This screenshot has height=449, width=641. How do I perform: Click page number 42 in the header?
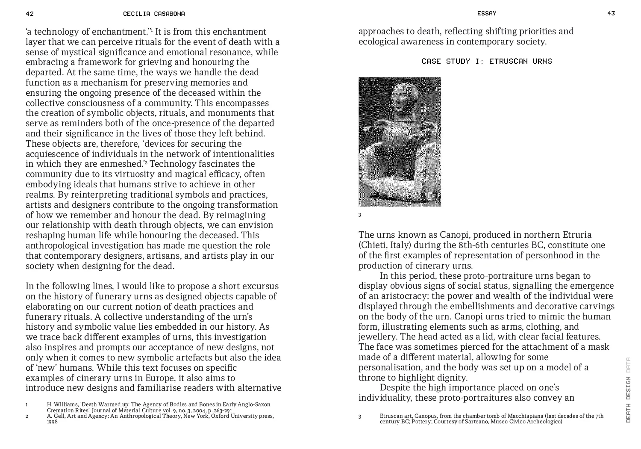[29, 14]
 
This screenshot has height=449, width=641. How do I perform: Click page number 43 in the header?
[611, 13]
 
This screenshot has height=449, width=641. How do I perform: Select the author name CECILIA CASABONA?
[154, 14]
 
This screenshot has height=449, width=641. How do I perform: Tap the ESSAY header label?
[487, 13]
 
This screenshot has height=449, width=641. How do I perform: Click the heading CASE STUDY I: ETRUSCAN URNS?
[486, 61]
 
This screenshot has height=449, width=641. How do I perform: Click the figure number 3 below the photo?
[360, 215]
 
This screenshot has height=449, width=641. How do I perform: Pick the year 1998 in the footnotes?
[52, 422]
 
